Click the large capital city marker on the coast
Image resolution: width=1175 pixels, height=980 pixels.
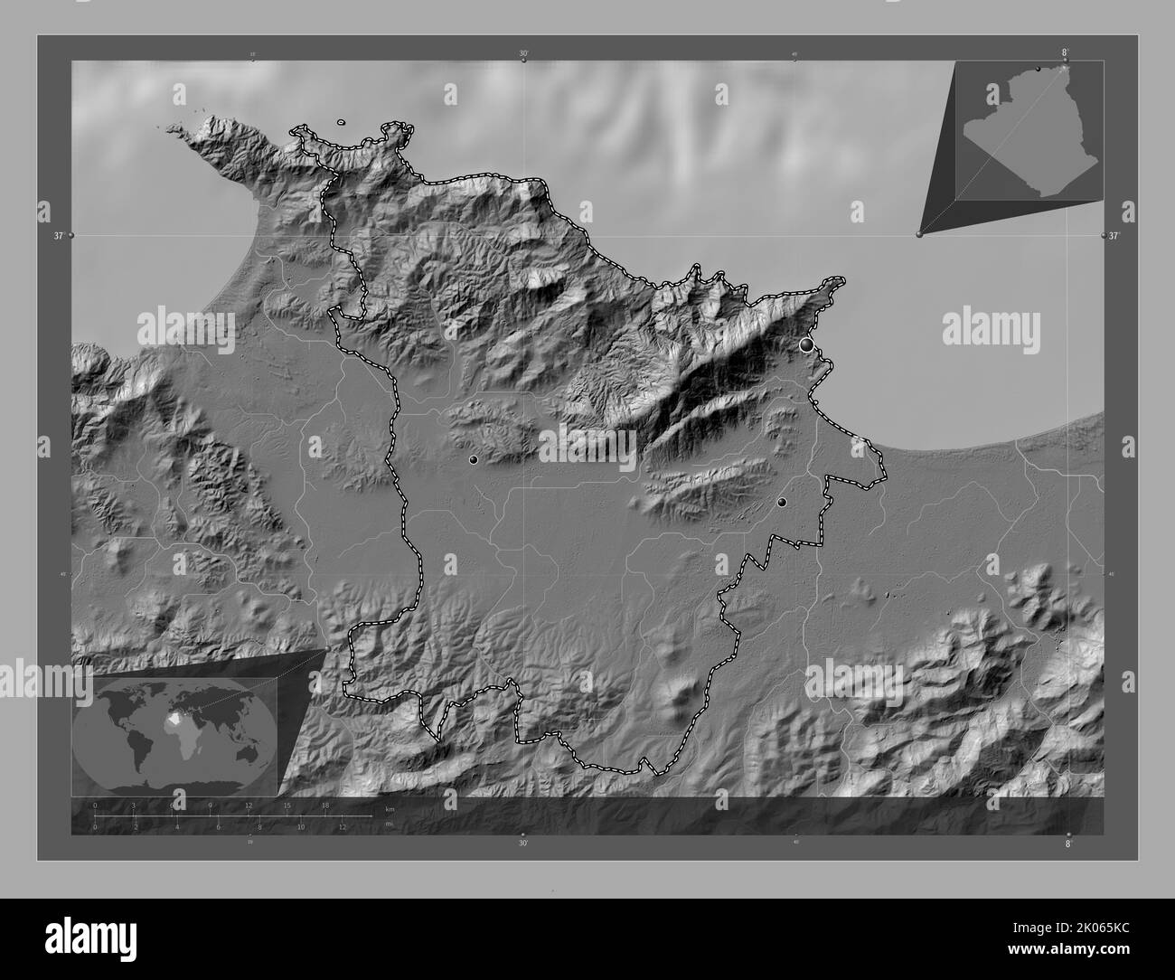pyautogui.click(x=806, y=344)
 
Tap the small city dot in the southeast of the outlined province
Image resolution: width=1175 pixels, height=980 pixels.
pyautogui.click(x=782, y=502)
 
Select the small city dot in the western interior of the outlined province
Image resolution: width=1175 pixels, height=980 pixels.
pyautogui.click(x=473, y=459)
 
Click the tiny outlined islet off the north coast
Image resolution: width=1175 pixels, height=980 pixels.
pyautogui.click(x=341, y=122)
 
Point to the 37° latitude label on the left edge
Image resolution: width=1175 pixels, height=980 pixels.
pyautogui.click(x=58, y=236)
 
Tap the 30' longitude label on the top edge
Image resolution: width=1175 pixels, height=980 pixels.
pyautogui.click(x=523, y=53)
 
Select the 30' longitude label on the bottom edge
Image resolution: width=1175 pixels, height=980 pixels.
pyautogui.click(x=522, y=843)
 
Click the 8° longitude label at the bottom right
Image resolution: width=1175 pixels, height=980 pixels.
pyautogui.click(x=1067, y=843)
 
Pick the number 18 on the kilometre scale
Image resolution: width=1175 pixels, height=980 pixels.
pyautogui.click(x=324, y=805)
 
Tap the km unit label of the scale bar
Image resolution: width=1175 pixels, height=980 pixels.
pyautogui.click(x=390, y=808)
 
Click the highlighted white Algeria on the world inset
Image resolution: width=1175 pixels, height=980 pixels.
pyautogui.click(x=177, y=721)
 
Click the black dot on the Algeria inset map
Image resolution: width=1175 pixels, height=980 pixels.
pyautogui.click(x=1038, y=69)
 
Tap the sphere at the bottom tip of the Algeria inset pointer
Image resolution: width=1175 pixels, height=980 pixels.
pyautogui.click(x=920, y=234)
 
